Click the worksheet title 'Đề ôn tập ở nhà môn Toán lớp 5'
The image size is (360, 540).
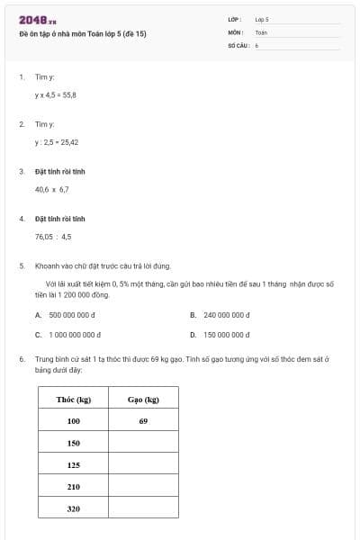tap(82, 33)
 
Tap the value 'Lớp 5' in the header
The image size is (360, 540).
tap(262, 19)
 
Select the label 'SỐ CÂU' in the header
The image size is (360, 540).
tap(238, 44)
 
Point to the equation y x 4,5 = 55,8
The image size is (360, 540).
tap(56, 94)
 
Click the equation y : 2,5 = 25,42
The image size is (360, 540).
tap(57, 141)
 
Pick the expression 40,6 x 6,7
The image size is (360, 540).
tap(51, 190)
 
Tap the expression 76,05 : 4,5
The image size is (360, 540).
tap(53, 237)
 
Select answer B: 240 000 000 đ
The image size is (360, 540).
tap(223, 315)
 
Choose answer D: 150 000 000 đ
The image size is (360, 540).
tap(223, 334)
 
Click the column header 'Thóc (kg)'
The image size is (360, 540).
tap(74, 399)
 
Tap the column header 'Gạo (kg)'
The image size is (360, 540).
tap(143, 399)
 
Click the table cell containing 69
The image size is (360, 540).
tap(143, 420)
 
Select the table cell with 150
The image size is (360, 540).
tap(74, 443)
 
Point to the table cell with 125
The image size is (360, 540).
tap(74, 464)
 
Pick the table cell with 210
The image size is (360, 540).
tap(74, 487)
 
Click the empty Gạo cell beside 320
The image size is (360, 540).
tap(143, 508)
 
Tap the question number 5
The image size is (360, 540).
tap(22, 265)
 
